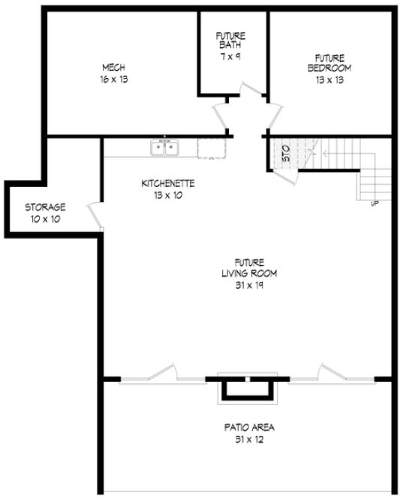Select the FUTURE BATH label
[x=230, y=40]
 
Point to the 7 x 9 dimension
[x=230, y=56]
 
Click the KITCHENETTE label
[x=168, y=183]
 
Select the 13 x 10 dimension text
[x=168, y=195]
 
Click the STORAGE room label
[x=45, y=207]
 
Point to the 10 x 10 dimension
[x=45, y=219]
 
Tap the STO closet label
[x=286, y=156]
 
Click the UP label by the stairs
[x=374, y=203]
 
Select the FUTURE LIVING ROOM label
[x=248, y=268]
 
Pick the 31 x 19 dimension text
[x=248, y=285]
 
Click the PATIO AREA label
[x=248, y=428]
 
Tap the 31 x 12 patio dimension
[x=248, y=440]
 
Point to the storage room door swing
[x=95, y=213]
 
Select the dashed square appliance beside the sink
[x=211, y=148]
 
